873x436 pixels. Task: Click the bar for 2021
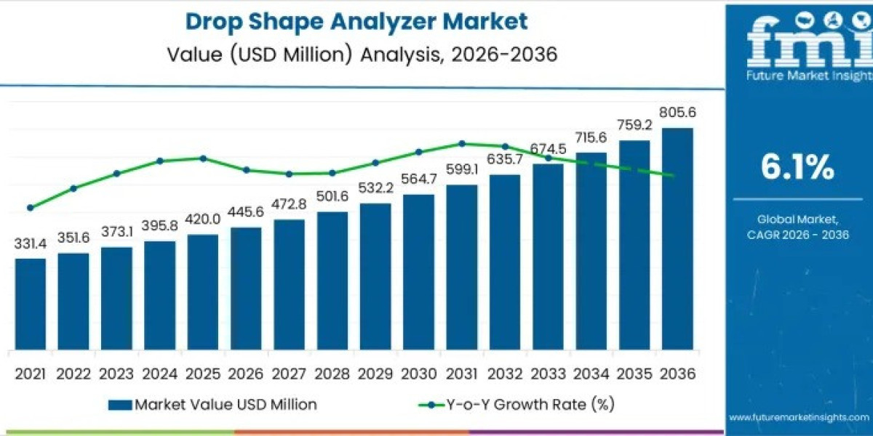[31, 303]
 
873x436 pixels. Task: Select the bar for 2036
[677, 238]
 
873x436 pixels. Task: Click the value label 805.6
[677, 113]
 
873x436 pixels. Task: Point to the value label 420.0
[203, 220]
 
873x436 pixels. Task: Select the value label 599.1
[462, 170]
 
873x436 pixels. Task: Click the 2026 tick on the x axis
[246, 374]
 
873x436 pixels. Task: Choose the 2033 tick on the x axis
[548, 374]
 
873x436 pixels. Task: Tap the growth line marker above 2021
[31, 208]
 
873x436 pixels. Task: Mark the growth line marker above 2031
[462, 143]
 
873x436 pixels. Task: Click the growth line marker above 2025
[203, 158]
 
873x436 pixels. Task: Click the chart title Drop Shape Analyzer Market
[356, 22]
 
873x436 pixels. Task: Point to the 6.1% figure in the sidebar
[797, 168]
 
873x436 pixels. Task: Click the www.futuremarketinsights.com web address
[797, 418]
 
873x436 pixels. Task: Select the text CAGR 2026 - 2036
[797, 235]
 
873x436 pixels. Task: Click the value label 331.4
[31, 244]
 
